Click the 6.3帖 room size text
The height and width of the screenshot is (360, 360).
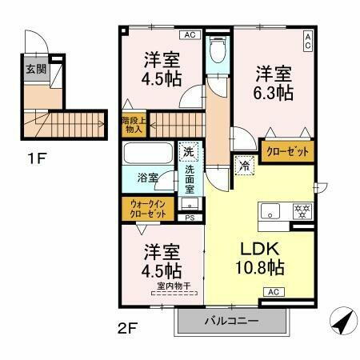pos(274,93)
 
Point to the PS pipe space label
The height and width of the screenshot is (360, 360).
pos(190,217)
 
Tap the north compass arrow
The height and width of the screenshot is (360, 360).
pos(341,322)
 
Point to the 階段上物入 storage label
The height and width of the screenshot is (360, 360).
pos(133,124)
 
